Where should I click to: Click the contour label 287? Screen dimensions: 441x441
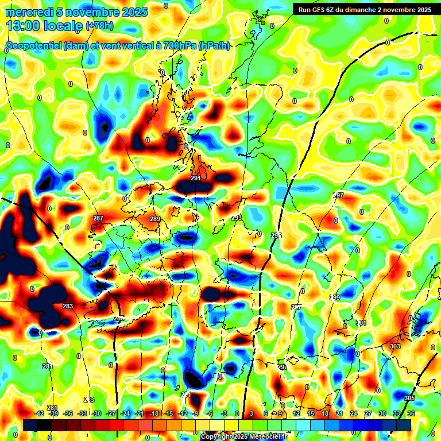pos(98,218)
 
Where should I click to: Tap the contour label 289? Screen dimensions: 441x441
pos(155,219)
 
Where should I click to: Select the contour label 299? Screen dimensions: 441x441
pos(335,297)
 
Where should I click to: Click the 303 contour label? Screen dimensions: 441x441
pos(394,346)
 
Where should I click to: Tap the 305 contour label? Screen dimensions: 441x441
pos(409,398)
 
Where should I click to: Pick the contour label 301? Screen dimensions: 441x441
pos(361,323)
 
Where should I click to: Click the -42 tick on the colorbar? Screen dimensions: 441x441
pos(40,413)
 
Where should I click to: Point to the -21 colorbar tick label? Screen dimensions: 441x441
pos(140,413)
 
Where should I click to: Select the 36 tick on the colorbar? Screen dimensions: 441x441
pos(411,413)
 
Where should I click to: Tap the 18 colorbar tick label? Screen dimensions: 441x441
pos(325,413)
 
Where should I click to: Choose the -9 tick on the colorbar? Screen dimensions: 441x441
pos(195,413)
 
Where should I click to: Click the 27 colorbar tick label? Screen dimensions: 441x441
pos(368,413)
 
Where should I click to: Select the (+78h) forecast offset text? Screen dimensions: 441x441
pos(99,26)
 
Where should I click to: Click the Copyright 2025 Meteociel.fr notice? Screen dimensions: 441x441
pos(243,436)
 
